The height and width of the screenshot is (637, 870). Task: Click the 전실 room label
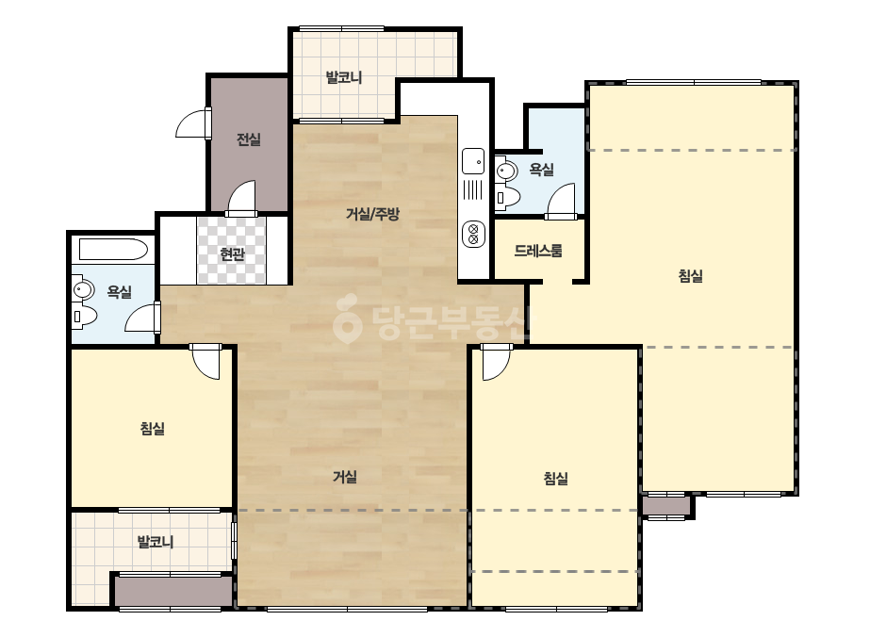(249, 139)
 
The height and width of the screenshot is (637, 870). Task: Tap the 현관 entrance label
(232, 254)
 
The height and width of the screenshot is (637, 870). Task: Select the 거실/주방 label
(372, 214)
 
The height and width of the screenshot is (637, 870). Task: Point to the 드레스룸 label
(538, 251)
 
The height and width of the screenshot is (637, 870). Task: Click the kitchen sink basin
(473, 161)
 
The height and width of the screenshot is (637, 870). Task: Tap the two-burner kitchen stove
(473, 234)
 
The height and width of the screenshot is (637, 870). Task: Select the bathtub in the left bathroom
(113, 249)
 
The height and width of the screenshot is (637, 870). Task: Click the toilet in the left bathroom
(84, 317)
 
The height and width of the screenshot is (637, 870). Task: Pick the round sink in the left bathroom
(83, 290)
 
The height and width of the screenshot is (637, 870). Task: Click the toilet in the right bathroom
(507, 197)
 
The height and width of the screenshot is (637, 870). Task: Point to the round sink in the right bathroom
(506, 170)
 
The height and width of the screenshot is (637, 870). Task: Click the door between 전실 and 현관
(240, 198)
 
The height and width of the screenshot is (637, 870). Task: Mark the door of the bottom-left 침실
(206, 362)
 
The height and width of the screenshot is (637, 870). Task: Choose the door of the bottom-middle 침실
(496, 362)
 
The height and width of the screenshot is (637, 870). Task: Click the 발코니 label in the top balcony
(344, 77)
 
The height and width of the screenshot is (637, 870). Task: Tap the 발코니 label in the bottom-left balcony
(156, 541)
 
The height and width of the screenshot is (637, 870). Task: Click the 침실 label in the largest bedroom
(691, 276)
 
